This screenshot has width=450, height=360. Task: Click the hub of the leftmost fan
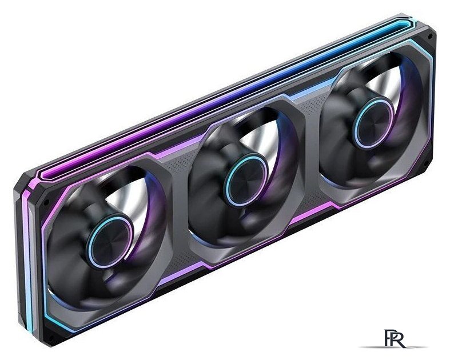pos(110,241)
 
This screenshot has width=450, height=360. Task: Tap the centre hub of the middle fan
pos(245,180)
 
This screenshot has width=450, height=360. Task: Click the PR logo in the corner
pos(395,338)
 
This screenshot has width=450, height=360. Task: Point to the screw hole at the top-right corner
pos(430,37)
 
